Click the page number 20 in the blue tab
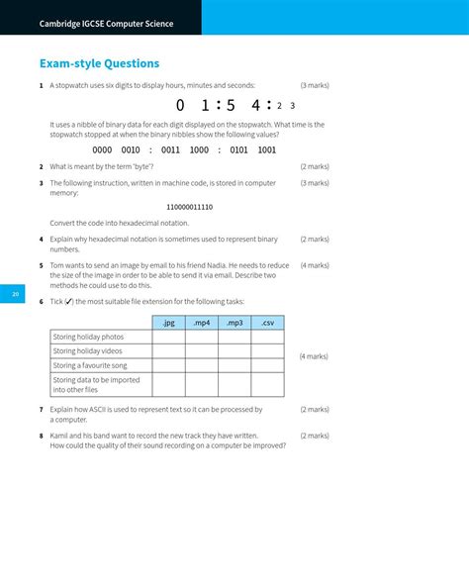15,294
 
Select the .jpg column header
168,323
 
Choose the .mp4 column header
202,323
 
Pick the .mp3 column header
234,323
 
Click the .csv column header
267,323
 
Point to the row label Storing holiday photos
88,337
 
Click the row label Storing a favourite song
90,365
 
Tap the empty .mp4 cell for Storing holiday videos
202,351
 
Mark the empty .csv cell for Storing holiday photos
267,337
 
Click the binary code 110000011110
190,207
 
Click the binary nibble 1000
199,150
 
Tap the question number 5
41,265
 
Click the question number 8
41,436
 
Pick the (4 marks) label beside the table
314,356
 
